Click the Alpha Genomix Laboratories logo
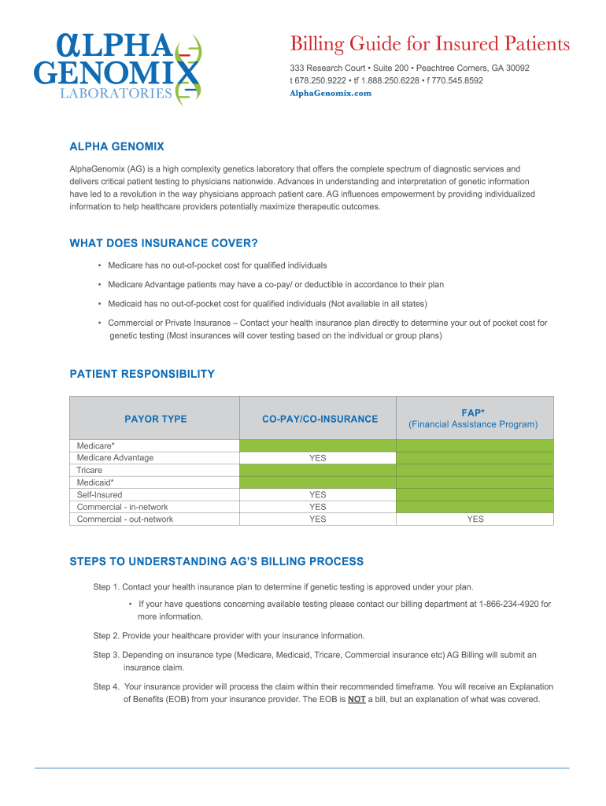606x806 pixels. coord(117,67)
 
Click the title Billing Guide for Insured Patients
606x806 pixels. coord(430,44)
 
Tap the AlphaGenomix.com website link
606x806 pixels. coord(331,93)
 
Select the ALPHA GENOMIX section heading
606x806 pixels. coord(116,146)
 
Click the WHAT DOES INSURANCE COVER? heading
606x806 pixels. coord(164,243)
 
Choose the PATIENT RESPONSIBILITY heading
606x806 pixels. coord(142,374)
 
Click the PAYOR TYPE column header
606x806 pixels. coord(155,419)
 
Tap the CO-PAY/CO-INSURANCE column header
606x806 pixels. coord(320,419)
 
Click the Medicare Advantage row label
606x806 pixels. coord(115,457)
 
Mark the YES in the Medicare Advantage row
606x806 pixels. coord(317,458)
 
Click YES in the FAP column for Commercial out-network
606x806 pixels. coord(475,519)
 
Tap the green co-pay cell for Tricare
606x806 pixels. coord(317,470)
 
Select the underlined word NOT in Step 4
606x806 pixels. coord(357,699)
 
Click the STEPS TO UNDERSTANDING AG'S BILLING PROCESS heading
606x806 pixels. coord(216,562)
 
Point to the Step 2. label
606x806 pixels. coord(106,635)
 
